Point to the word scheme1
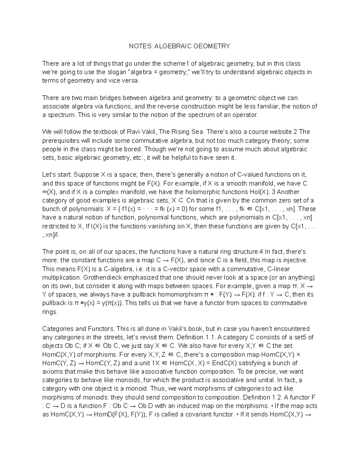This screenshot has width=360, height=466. click(x=176, y=64)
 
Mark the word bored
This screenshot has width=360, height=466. click(x=132, y=149)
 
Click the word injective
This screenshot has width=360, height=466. click(x=295, y=260)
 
